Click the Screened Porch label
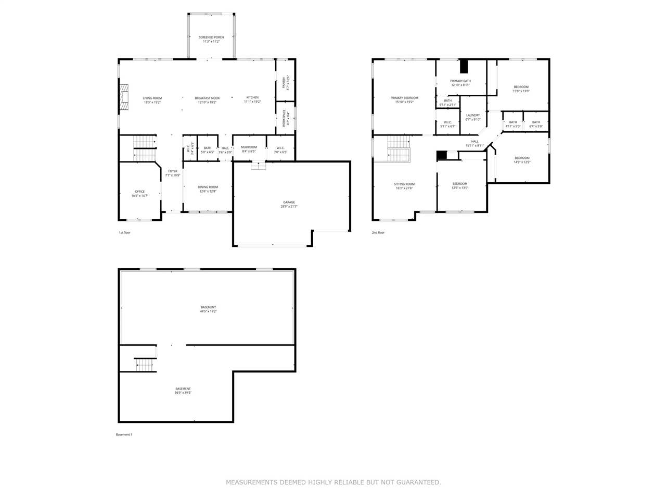point(211,37)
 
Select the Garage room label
point(289,202)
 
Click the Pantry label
point(284,82)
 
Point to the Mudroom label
point(249,147)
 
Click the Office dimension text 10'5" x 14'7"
point(139,196)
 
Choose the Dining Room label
point(208,187)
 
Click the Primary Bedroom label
point(404,98)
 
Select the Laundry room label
point(473,115)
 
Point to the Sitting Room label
point(404,184)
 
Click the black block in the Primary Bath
point(464,67)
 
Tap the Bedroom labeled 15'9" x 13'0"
point(521,87)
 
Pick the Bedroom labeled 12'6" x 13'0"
point(459,184)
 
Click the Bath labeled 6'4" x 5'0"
point(536,122)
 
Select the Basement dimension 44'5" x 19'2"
point(208,311)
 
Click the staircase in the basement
point(145,365)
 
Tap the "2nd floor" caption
point(378,232)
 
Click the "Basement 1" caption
point(124,434)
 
